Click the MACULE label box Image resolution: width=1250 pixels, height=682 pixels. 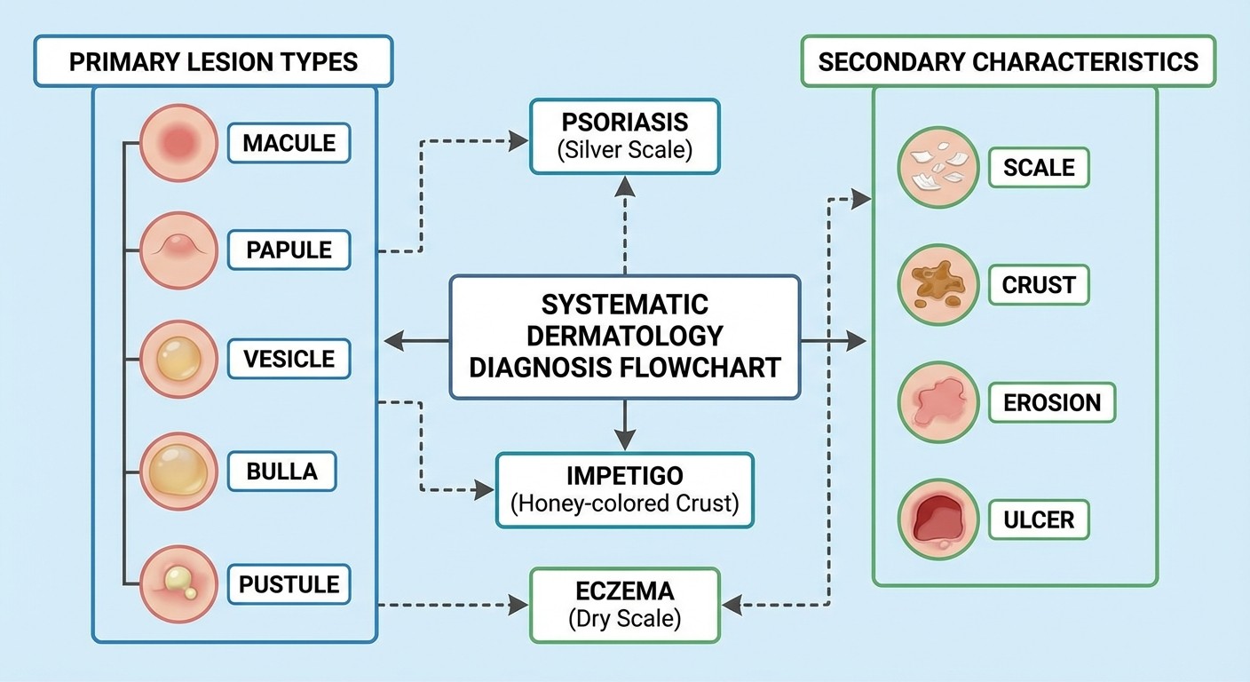[x=289, y=143]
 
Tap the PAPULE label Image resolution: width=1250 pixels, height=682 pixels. [x=289, y=250]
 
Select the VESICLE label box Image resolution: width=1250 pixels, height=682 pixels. [x=289, y=359]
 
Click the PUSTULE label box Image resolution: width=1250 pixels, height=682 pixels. [x=289, y=584]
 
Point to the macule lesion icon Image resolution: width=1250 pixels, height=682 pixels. [x=178, y=143]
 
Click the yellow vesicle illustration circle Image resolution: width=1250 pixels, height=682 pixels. [x=178, y=360]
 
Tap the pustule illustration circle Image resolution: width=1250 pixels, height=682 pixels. [x=178, y=584]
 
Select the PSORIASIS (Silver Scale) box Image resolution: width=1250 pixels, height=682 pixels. [x=624, y=136]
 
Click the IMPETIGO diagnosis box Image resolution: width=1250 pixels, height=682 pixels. [x=624, y=490]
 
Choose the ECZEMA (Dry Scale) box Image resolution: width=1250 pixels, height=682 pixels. [x=624, y=606]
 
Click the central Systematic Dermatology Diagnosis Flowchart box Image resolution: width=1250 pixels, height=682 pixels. [x=624, y=336]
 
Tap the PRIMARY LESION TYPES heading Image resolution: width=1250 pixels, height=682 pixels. [x=213, y=61]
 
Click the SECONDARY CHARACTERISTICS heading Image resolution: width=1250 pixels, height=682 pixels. [x=1008, y=61]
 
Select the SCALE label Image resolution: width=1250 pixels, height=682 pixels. [x=1039, y=167]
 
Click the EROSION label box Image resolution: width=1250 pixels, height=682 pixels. [x=1051, y=402]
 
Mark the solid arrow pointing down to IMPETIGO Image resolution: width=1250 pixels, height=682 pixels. [x=624, y=425]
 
